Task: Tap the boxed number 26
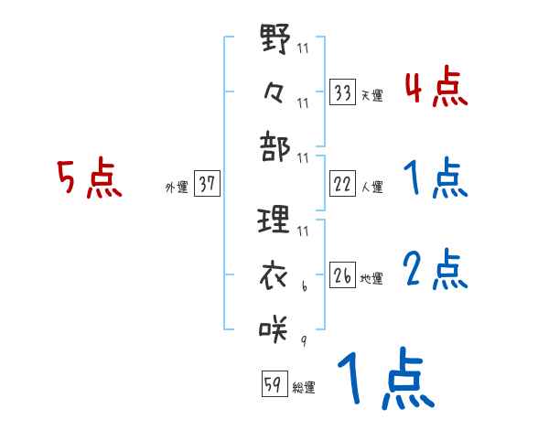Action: tap(342, 275)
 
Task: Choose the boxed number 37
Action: tap(207, 184)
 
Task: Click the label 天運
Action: tap(371, 95)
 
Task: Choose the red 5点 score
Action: tap(90, 179)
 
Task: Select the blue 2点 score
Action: tap(436, 271)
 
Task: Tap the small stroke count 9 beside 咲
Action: tap(303, 341)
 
